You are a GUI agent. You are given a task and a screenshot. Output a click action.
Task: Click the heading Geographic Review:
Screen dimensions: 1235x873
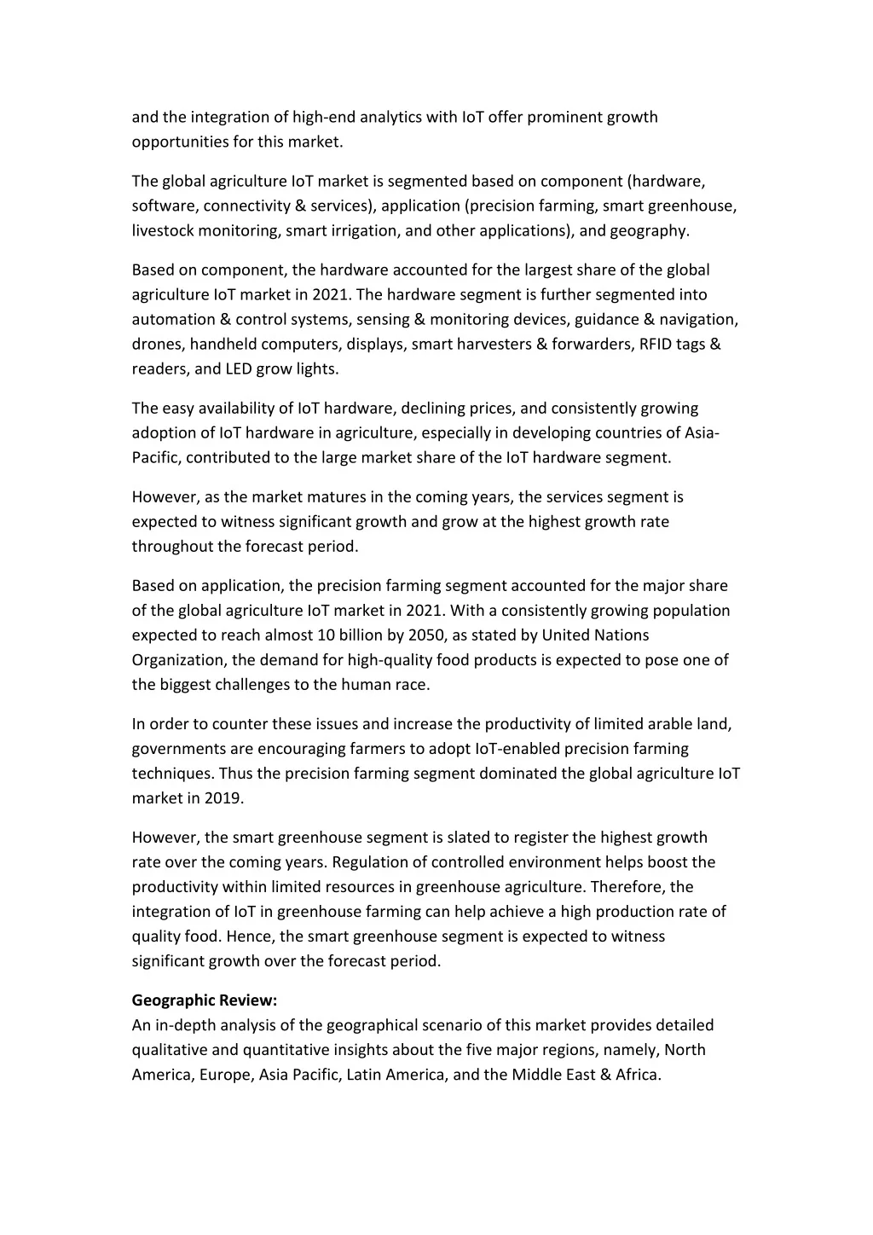[x=205, y=1000]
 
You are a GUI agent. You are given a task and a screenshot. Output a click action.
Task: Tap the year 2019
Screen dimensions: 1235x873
[x=223, y=798]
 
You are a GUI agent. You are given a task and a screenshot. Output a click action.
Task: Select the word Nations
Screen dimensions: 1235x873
[x=621, y=635]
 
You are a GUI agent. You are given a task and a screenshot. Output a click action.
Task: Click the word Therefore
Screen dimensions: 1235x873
[x=628, y=887]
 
